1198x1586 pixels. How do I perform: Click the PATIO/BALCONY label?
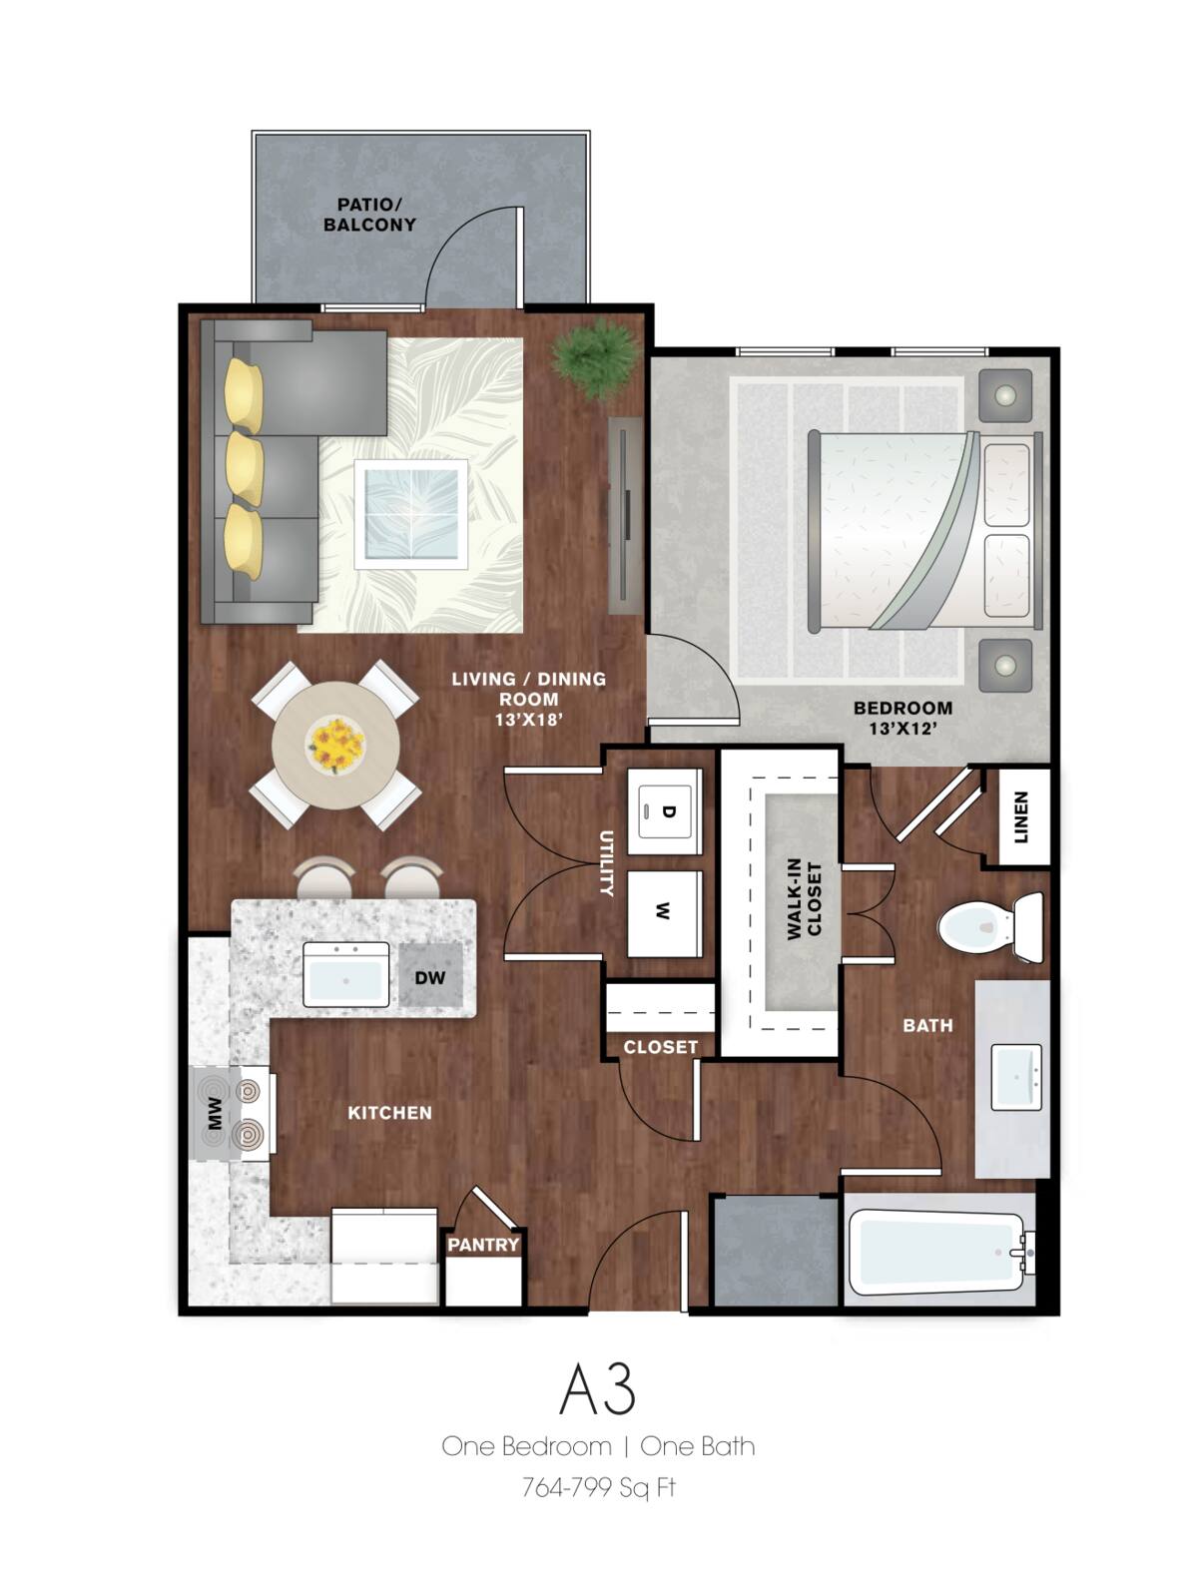tap(369, 215)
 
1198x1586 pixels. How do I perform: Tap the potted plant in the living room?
tap(597, 356)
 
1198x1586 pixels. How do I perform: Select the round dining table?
tap(336, 744)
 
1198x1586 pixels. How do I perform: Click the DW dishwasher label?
tap(430, 977)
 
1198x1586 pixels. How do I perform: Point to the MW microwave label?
tap(214, 1115)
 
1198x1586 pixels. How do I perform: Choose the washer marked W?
tap(664, 911)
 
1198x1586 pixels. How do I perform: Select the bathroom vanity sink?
tap(1015, 1077)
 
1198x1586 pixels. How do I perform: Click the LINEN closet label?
tap(1020, 817)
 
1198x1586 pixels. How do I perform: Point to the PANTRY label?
tap(483, 1245)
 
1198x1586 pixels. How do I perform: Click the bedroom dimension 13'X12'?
tap(901, 730)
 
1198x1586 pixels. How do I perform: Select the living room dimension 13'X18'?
tap(529, 719)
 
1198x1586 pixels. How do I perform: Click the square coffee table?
tap(411, 514)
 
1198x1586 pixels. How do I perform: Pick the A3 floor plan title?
tap(597, 1388)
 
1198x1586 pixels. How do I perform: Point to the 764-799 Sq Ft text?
tap(598, 1488)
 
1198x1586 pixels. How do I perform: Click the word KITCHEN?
tap(389, 1113)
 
